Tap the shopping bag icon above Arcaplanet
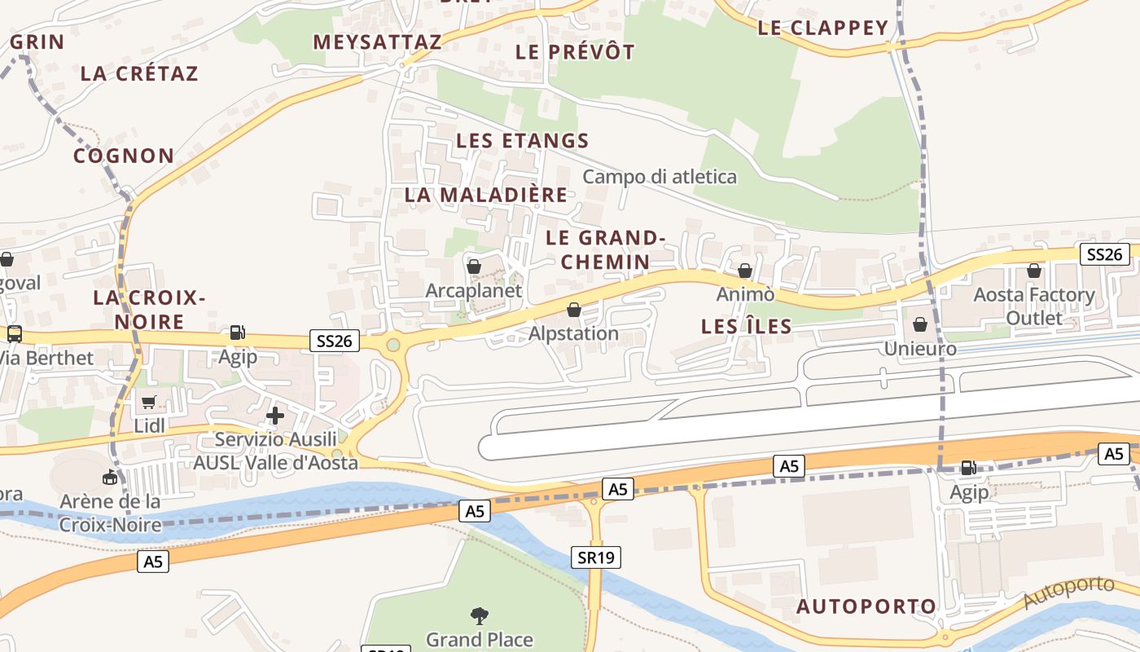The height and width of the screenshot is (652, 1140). (474, 267)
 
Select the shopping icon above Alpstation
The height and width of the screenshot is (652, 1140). (574, 310)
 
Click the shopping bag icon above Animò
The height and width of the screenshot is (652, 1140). (745, 271)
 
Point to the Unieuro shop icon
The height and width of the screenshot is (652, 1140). (920, 324)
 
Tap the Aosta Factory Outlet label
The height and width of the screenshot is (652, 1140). (1034, 306)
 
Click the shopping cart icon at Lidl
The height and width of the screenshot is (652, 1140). (148, 402)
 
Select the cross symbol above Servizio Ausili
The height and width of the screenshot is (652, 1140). (275, 416)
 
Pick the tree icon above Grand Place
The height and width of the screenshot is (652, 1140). (479, 615)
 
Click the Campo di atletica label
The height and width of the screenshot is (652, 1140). (660, 177)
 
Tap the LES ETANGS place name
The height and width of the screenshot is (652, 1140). (522, 140)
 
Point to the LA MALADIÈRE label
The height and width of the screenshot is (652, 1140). (486, 195)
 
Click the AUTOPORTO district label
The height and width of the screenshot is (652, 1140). (866, 606)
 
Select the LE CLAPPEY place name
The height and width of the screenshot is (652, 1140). (822, 28)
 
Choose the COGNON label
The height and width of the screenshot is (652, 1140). (124, 156)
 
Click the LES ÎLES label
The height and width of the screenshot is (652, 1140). (747, 327)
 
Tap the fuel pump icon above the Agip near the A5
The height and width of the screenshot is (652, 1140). (968, 468)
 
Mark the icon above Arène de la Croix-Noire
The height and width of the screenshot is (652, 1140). (110, 477)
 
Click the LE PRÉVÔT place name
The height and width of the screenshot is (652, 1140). (575, 51)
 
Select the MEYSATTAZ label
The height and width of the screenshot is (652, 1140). (377, 42)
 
